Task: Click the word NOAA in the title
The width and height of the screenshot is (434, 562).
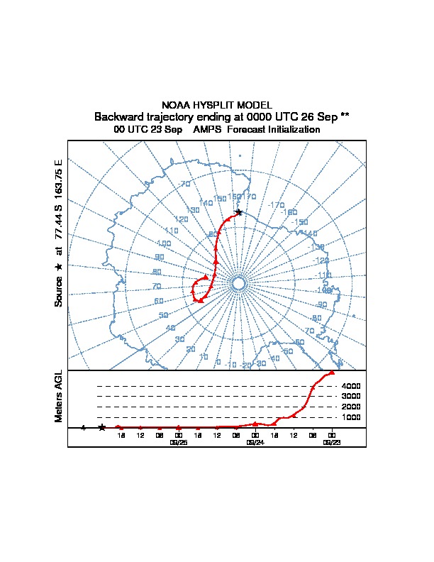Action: coord(176,105)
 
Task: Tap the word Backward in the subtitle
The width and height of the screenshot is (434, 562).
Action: coord(122,116)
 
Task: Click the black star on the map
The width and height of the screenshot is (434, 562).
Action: coord(238,212)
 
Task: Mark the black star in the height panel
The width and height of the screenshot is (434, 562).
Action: coord(102,427)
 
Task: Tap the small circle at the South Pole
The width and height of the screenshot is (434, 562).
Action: coord(238,283)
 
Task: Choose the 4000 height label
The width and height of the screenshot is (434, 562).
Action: coord(352,386)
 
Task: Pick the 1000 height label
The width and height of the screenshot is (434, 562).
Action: coord(352,417)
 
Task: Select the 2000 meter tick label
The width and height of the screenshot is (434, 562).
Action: coord(352,407)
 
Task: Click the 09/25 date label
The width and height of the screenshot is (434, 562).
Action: coord(178,442)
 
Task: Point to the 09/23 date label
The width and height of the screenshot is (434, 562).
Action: coord(331,442)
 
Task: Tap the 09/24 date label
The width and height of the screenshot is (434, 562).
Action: coord(255,442)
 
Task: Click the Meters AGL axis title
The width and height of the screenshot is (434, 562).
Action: coord(60,396)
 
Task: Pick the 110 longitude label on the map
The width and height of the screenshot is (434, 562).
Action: coord(171,231)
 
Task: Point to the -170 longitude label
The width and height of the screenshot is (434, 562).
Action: coord(276,205)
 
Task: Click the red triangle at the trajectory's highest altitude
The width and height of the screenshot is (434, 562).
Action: coord(331,372)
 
